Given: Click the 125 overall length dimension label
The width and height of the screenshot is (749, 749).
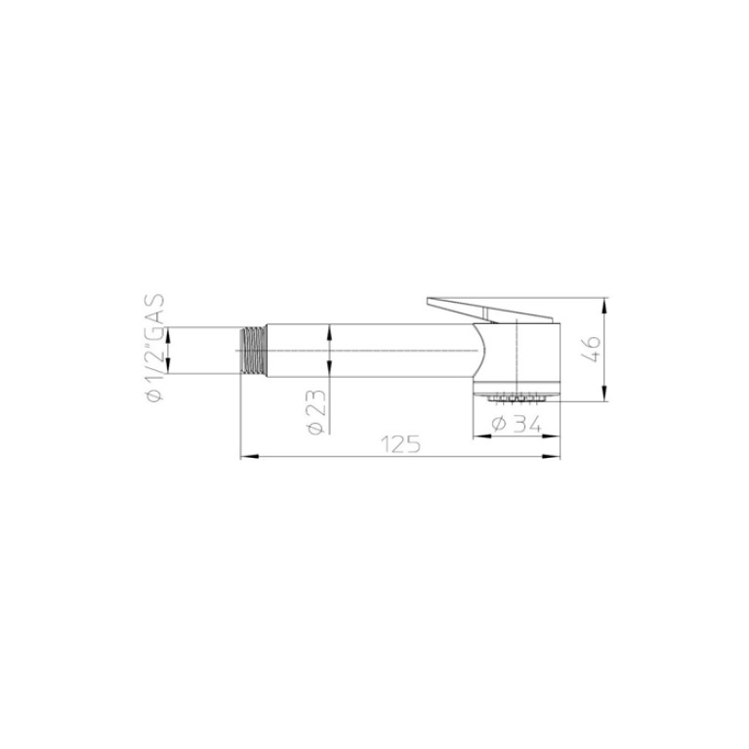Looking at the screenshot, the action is [x=400, y=444].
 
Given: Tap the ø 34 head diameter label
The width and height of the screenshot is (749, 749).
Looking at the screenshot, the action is [x=517, y=424].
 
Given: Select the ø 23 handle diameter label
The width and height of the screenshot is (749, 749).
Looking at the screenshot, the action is [x=317, y=412].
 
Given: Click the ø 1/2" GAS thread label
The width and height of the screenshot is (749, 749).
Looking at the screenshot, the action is [x=155, y=348].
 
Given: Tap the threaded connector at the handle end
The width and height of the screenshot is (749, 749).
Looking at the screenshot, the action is [x=252, y=351].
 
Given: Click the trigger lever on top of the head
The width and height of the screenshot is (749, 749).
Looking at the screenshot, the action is [x=489, y=310].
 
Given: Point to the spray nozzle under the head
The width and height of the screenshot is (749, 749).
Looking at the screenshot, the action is [x=515, y=396].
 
